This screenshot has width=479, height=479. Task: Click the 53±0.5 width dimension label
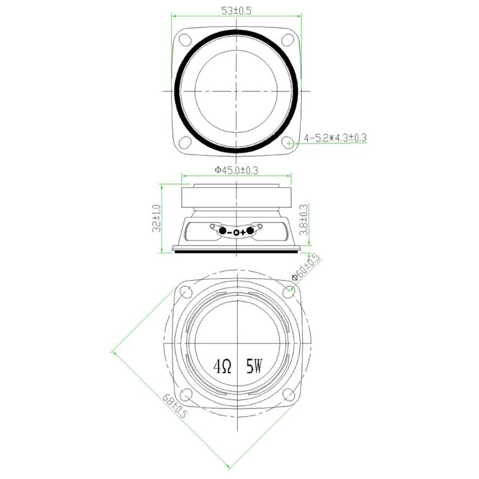click(237, 11)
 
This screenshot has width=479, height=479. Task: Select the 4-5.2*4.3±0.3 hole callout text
click(335, 138)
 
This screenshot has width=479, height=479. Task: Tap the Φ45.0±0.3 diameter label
click(236, 170)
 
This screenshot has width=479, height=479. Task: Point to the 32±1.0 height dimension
click(157, 219)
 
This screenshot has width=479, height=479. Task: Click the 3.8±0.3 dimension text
click(304, 220)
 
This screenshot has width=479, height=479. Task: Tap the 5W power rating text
click(253, 366)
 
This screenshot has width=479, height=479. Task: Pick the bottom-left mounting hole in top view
click(186, 143)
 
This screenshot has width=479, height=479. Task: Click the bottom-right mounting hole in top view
click(289, 143)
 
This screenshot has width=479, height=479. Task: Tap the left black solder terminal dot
click(223, 231)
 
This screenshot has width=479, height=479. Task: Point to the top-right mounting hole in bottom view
click(290, 292)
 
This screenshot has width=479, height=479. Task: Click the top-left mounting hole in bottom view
click(186, 292)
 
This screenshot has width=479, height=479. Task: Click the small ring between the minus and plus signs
click(237, 232)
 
